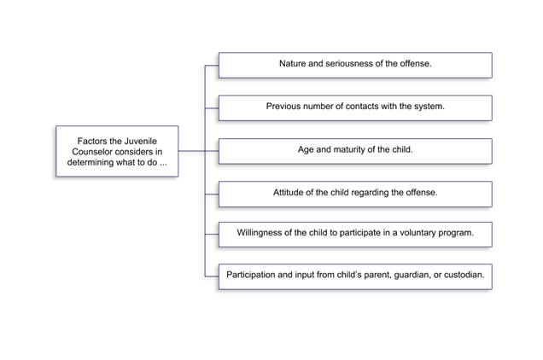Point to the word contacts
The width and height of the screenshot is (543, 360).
(362, 107)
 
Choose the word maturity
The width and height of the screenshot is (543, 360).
(347, 150)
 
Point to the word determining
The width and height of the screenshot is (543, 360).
(87, 162)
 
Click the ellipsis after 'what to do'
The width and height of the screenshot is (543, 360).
(163, 165)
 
